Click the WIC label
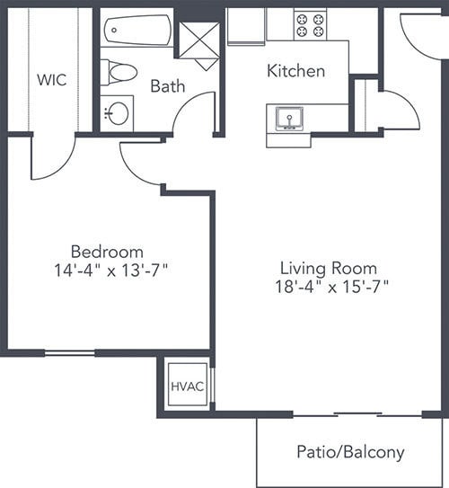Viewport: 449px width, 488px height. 51,80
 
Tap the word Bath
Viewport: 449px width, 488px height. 168,86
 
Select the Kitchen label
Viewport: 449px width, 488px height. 296,71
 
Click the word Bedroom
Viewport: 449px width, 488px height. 107,252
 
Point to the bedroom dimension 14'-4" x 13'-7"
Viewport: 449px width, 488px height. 111,270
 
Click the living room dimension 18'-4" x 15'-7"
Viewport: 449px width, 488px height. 331,287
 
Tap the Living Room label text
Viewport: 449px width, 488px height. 329,269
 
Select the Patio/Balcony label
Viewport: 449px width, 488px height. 350,452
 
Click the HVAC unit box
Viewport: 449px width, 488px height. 188,385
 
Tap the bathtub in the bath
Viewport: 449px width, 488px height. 137,31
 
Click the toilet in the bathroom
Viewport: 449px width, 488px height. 119,73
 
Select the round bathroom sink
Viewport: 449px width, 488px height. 119,113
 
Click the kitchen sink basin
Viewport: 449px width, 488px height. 289,119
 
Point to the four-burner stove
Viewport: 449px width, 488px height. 311,25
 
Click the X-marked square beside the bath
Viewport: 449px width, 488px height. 199,40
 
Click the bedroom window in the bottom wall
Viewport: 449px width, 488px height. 70,353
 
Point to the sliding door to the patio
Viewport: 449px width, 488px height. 357,415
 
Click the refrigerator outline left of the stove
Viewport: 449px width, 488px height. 246,27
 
